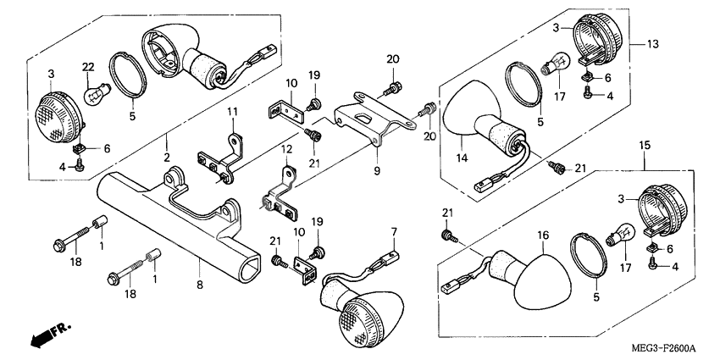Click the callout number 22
(x=88, y=67)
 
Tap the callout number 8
(x=200, y=285)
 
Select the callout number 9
(x=377, y=172)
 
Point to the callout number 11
(x=233, y=112)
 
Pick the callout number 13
(x=652, y=44)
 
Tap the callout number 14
(x=462, y=158)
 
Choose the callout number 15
(x=645, y=146)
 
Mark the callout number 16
(x=543, y=235)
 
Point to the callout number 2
(x=166, y=158)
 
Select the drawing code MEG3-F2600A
(x=664, y=347)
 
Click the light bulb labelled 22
(x=97, y=91)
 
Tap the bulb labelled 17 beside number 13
(x=555, y=64)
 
